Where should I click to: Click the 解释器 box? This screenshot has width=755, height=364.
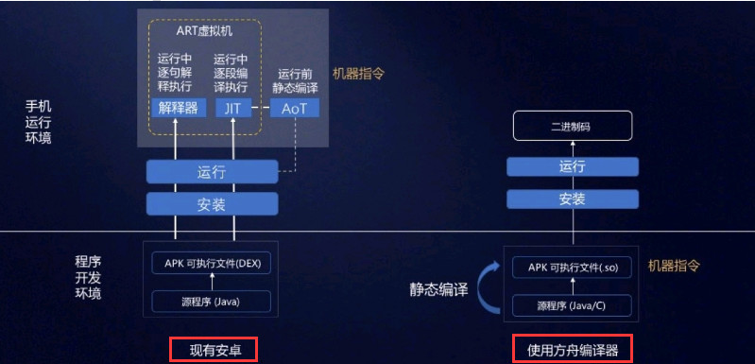pos(179,108)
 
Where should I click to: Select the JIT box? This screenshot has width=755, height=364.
pos(232,108)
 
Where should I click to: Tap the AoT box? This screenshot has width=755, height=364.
pos(295,108)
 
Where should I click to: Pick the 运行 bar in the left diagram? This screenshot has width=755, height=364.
pos(212,172)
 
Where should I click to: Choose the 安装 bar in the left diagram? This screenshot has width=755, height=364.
pos(212,203)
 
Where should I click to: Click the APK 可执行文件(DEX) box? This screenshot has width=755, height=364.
pos(212,263)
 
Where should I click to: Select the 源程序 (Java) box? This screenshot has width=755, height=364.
pos(212,302)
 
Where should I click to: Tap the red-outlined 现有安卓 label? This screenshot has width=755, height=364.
pos(213,349)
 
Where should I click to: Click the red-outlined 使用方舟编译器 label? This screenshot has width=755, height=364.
pos(572,349)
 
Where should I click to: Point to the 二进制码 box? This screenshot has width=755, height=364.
pos(572,126)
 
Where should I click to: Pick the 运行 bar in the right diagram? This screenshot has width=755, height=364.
pos(572,166)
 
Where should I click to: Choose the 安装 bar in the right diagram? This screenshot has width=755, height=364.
pos(572,199)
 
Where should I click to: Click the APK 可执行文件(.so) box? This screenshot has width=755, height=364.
pos(572,268)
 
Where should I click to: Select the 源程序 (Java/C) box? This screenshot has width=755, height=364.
pos(572,305)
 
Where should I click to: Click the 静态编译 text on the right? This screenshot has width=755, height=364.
pos(438,289)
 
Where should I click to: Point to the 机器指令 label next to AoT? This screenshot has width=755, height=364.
pos(358,73)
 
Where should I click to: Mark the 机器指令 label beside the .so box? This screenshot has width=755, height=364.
pos(673,267)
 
